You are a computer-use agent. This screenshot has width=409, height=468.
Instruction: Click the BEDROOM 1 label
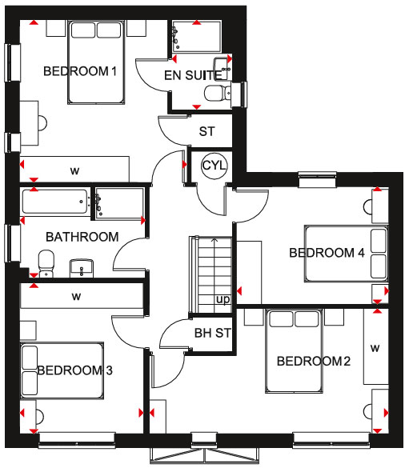point(80,71)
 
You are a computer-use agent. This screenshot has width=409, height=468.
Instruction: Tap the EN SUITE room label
point(193,75)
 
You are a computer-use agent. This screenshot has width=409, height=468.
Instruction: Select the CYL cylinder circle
point(214,165)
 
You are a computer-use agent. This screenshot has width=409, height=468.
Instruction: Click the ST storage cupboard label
point(207,131)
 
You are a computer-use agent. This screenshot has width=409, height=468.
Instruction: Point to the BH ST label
point(213,333)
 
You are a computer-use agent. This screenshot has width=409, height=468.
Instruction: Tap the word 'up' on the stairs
point(223,299)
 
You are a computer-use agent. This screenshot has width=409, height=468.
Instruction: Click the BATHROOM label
point(82,237)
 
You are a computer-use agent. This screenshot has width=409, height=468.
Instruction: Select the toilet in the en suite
point(218,93)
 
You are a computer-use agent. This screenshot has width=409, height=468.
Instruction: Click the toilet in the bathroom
point(46,263)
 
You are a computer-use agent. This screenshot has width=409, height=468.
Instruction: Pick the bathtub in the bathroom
point(55,202)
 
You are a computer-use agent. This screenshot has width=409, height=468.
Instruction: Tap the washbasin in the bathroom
point(82,268)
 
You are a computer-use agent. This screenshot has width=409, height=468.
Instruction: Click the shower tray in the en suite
point(197,37)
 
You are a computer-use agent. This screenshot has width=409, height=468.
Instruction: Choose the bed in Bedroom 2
point(294,351)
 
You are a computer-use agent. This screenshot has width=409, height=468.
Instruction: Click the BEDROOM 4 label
point(327,253)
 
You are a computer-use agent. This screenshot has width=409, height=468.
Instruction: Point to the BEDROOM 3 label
point(74,370)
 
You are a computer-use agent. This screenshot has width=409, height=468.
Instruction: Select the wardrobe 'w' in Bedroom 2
point(376,347)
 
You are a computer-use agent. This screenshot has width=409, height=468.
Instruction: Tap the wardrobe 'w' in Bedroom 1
point(74,170)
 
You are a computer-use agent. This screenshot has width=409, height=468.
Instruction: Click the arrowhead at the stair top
point(215,239)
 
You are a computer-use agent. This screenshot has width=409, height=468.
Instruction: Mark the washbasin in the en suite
point(223,69)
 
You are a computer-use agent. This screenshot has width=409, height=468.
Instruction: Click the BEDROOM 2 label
point(314,361)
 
